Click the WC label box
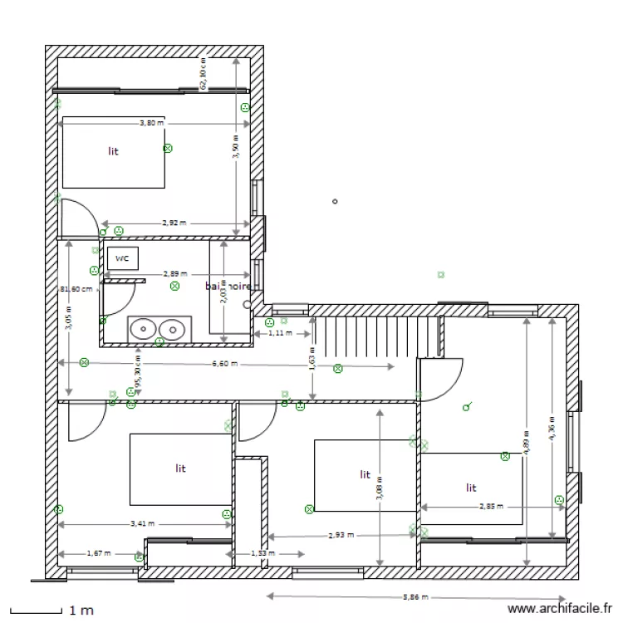click(122, 258)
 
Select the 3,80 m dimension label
click(151, 123)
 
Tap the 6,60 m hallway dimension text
click(224, 364)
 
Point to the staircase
click(374, 336)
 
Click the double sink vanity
click(156, 329)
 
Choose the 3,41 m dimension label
click(142, 524)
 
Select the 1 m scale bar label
click(81, 611)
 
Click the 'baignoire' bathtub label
click(228, 286)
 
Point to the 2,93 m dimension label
click(341, 536)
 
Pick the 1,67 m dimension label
click(100, 553)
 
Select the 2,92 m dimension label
click(174, 223)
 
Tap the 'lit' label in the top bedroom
click(113, 152)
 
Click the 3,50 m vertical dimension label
click(236, 150)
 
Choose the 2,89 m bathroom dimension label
click(174, 273)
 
